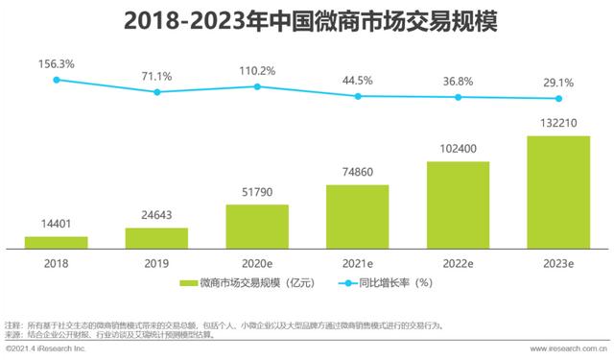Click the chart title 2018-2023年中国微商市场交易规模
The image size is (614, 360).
click(307, 20)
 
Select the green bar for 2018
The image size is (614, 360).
click(57, 242)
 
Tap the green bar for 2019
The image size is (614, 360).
click(156, 237)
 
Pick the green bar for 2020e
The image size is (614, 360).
click(257, 226)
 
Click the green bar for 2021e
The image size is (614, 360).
click(357, 215)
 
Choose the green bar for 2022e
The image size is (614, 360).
click(458, 204)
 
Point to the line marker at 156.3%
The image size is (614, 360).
click(57, 80)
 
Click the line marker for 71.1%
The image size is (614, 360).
click(156, 92)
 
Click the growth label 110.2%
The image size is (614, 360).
click(257, 70)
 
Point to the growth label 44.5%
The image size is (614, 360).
click(357, 80)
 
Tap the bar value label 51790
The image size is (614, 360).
click(257, 193)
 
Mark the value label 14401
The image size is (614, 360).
click(57, 226)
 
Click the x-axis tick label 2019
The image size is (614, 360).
click(156, 261)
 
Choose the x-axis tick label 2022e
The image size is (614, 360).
click(458, 261)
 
